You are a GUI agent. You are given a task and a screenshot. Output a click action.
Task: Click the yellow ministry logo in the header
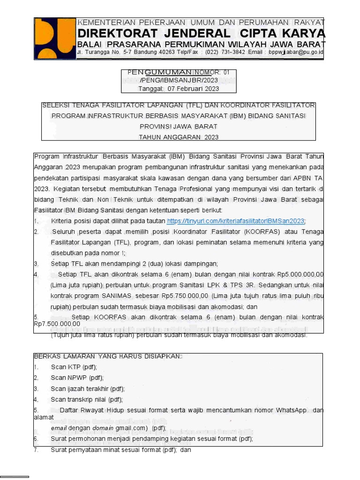click(55, 38)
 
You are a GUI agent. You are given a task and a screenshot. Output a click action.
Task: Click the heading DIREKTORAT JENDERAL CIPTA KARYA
click(201, 33)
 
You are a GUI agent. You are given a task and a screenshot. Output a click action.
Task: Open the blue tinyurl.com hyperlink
click(236, 221)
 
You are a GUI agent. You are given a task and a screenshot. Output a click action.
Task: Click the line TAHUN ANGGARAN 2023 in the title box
click(179, 137)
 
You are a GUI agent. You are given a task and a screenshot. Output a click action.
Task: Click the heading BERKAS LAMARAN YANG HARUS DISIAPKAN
click(107, 357)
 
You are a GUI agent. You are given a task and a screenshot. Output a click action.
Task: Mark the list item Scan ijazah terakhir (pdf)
click(88, 389)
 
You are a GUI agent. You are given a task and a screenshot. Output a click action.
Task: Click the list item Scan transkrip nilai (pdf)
click(87, 399)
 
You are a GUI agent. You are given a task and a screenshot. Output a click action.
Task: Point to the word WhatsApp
click(291, 410)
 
